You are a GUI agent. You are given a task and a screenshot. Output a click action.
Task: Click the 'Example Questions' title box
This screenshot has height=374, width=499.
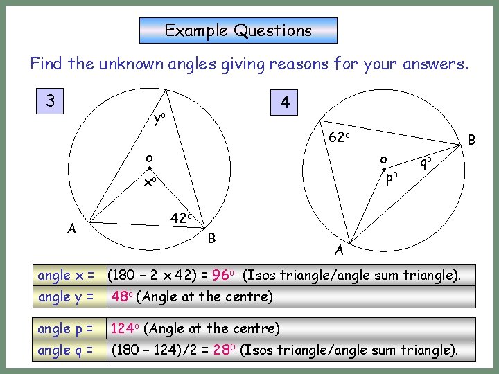[238, 30]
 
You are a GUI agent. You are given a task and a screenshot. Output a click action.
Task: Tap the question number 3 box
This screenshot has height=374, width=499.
[51, 101]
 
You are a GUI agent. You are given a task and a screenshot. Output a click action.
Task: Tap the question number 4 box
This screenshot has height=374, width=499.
[285, 103]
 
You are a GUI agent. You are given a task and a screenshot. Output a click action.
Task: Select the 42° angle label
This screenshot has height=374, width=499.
[181, 217]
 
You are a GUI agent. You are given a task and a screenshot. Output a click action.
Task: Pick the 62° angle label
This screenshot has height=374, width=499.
[338, 137]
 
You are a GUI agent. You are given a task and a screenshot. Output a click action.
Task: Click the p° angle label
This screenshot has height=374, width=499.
[391, 178]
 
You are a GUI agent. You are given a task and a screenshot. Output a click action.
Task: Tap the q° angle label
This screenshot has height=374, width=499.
[425, 163]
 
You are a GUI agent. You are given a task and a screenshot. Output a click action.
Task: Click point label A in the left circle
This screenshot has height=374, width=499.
[71, 229]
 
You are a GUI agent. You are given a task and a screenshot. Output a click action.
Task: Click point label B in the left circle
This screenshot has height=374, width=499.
[213, 238]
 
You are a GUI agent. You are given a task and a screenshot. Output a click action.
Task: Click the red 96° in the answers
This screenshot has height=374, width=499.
[223, 276]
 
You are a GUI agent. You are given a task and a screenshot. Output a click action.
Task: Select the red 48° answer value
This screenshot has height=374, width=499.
[122, 297]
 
